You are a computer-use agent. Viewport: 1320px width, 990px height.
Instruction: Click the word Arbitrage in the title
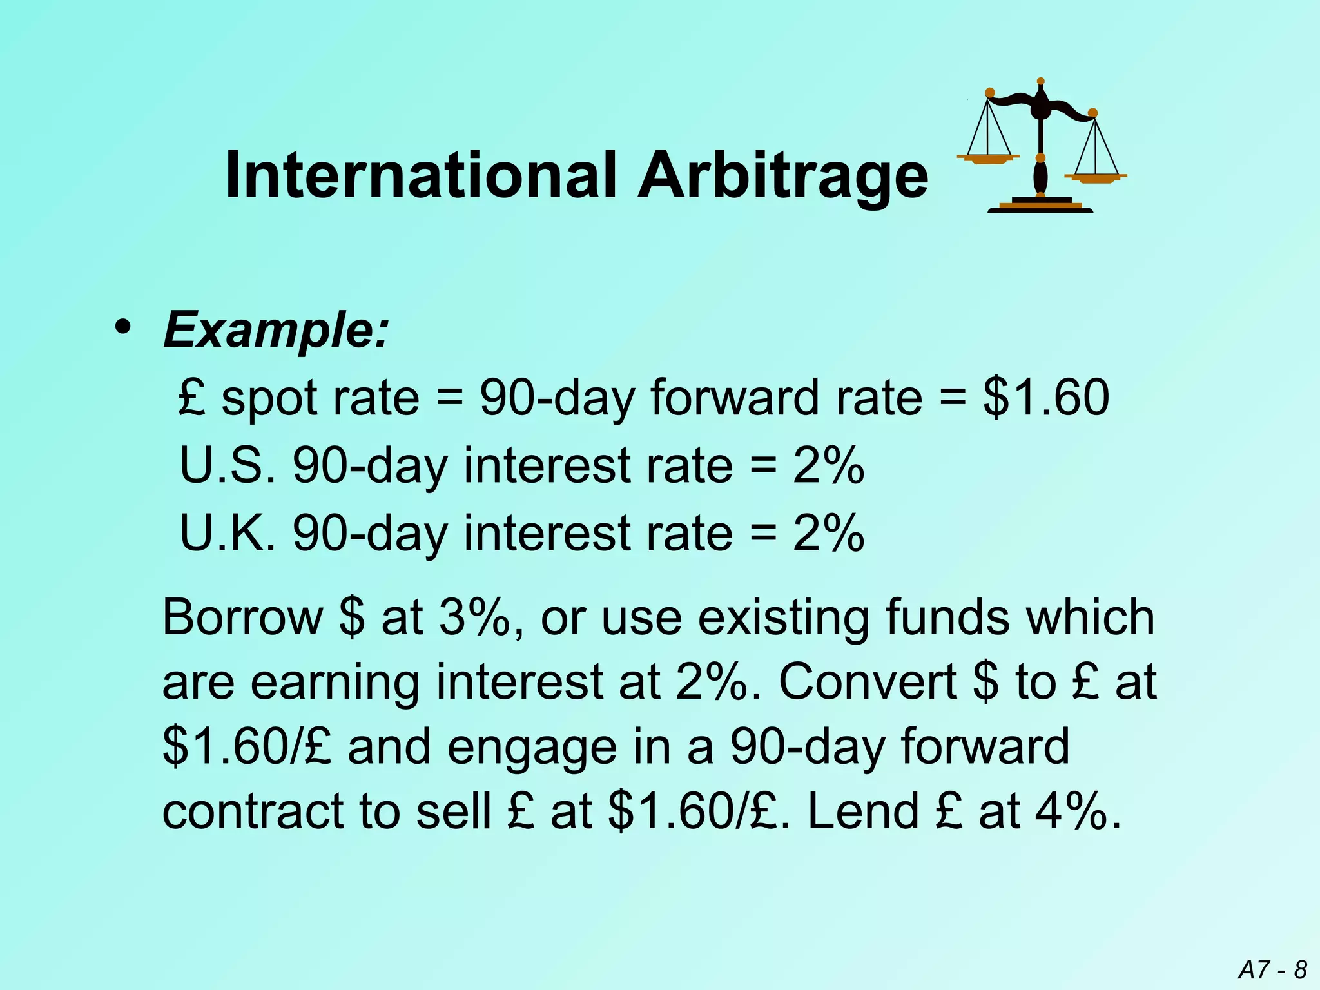tap(782, 175)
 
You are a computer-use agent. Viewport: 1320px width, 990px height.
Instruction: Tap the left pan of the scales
tap(989, 158)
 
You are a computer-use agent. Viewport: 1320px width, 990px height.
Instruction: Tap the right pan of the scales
tap(1095, 177)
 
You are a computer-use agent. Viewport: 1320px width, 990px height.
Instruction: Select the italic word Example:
tap(277, 330)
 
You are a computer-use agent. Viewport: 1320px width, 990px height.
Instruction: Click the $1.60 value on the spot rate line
tap(1045, 397)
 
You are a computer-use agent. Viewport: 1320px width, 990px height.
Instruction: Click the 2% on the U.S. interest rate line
tap(828, 465)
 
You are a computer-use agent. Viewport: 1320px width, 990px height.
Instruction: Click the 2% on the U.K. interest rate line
tap(828, 534)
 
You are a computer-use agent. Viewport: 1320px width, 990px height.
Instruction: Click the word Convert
tap(868, 682)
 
